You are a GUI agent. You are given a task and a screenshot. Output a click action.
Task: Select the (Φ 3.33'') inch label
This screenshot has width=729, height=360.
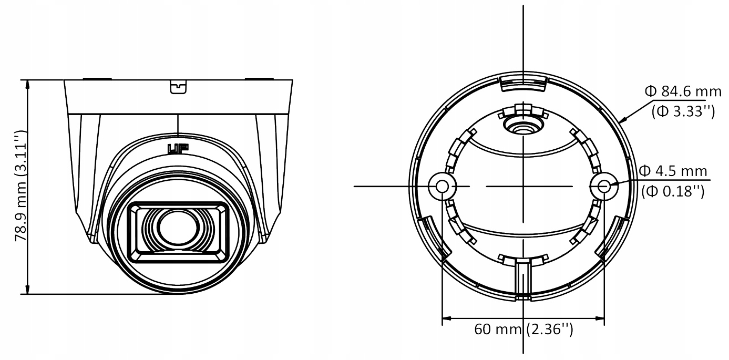tap(682, 111)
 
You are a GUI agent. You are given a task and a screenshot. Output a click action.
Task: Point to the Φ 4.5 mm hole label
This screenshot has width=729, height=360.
tap(673, 172)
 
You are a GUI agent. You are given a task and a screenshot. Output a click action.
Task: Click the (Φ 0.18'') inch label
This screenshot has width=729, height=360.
tap(673, 192)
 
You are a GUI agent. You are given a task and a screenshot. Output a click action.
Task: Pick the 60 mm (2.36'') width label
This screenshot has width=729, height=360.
tap(523, 330)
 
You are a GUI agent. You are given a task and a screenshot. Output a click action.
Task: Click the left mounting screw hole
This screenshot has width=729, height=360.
tap(442, 186)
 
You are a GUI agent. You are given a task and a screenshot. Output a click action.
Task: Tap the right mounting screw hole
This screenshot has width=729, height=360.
tap(604, 186)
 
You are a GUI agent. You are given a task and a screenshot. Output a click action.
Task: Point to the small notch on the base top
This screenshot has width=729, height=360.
tap(179, 86)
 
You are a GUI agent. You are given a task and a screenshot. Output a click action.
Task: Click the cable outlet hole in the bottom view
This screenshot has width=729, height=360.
tap(523, 125)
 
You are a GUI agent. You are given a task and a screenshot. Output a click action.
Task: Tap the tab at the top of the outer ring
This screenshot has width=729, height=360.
tap(523, 81)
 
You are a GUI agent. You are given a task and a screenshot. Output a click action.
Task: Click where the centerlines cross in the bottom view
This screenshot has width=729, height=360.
tap(523, 186)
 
